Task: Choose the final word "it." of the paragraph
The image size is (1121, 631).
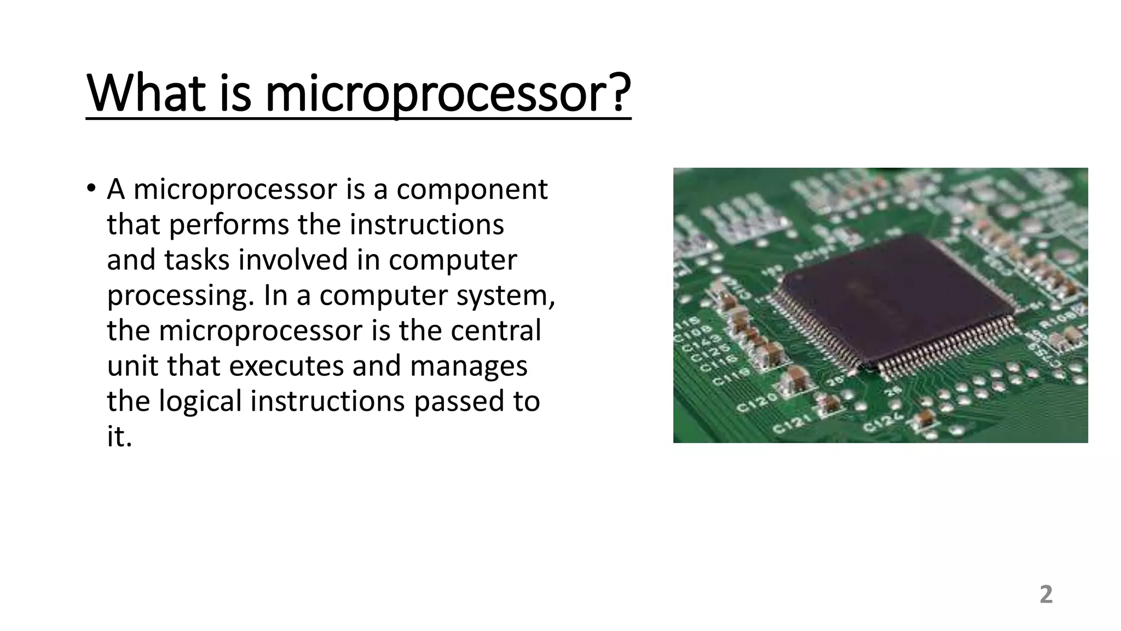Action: (x=119, y=436)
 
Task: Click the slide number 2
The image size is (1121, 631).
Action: (x=1045, y=595)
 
